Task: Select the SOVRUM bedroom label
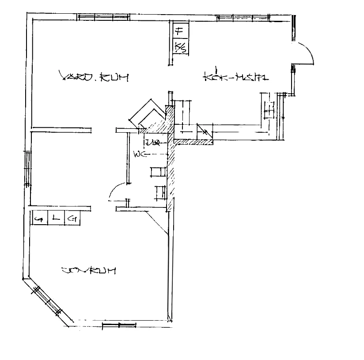pos(89,270)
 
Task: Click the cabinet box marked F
pos(179,31)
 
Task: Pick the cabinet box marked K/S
pos(179,46)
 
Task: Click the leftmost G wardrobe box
pos(39,218)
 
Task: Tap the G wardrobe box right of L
pos(72,218)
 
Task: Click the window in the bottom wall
pos(119,326)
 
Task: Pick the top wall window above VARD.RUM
pos(103,18)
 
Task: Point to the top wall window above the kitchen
pos(243,17)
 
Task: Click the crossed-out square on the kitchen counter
pos(204,131)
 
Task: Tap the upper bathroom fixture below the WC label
pos(158,171)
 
